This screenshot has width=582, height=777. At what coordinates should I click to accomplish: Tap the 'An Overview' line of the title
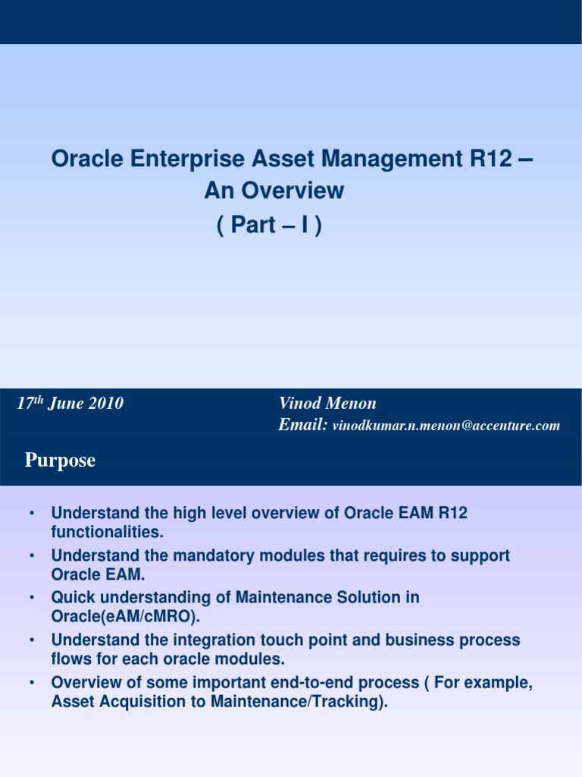click(x=274, y=190)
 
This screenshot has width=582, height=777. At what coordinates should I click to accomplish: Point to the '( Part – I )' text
click(x=269, y=225)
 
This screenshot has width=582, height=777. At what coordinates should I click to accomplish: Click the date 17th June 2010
click(x=70, y=404)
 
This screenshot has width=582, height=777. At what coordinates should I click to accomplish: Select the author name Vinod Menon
click(x=327, y=404)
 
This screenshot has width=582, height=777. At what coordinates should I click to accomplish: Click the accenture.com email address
click(x=446, y=426)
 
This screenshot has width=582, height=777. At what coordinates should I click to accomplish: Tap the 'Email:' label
click(x=302, y=425)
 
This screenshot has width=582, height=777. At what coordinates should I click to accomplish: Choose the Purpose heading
click(x=60, y=461)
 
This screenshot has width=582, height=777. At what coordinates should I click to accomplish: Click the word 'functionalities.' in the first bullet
click(x=107, y=531)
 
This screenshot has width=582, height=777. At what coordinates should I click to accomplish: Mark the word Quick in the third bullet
click(x=73, y=598)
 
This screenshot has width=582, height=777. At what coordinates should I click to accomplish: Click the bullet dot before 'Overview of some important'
click(x=31, y=683)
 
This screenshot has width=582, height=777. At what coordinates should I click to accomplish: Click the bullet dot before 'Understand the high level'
click(x=31, y=513)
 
